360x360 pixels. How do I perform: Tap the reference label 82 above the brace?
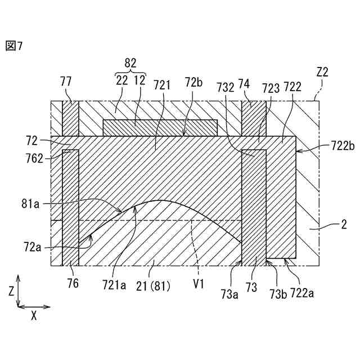pyautogui.click(x=130, y=63)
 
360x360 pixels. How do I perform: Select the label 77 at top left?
pyautogui.click(x=66, y=82)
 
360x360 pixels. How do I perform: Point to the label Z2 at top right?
pyautogui.click(x=322, y=72)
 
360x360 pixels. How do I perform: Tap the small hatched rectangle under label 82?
pyautogui.click(x=160, y=128)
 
